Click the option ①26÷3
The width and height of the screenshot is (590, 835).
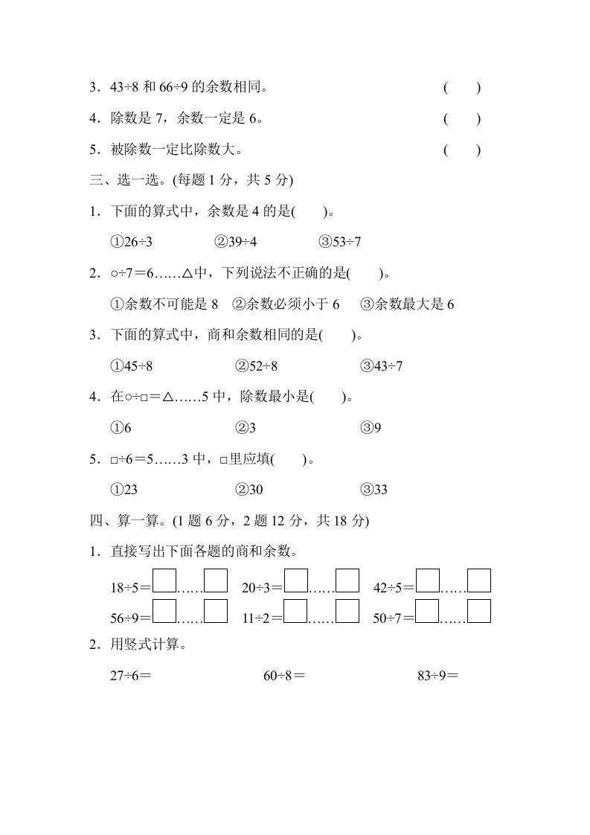pyautogui.click(x=132, y=242)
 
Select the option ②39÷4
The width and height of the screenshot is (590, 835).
pyautogui.click(x=236, y=242)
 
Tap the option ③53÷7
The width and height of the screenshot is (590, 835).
pyautogui.click(x=340, y=242)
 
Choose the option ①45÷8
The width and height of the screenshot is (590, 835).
pyautogui.click(x=132, y=366)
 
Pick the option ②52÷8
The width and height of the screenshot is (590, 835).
pyautogui.click(x=257, y=366)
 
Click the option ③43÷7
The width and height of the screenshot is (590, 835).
pyautogui.click(x=382, y=366)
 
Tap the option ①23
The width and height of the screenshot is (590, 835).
pyautogui.click(x=125, y=490)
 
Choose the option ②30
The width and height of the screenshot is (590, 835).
pyautogui.click(x=250, y=490)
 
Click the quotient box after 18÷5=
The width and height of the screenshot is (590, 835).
pyautogui.click(x=164, y=580)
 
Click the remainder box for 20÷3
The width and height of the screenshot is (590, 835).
pyautogui.click(x=347, y=580)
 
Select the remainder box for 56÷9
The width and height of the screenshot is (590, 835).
pyautogui.click(x=216, y=611)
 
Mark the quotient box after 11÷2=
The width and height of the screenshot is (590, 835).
pyautogui.click(x=296, y=611)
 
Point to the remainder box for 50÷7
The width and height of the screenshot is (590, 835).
pyautogui.click(x=479, y=611)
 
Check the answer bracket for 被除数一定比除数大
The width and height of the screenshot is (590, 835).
pyautogui.click(x=462, y=150)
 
